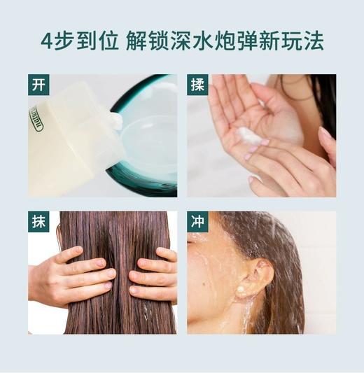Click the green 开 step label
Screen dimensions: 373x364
(x=39, y=85)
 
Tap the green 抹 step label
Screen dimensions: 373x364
(x=39, y=222)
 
